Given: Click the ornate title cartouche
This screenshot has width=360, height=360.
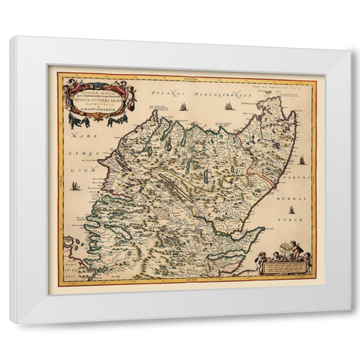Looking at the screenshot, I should pyautogui.click(x=98, y=100).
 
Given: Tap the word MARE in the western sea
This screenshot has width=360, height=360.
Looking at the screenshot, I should pyautogui.click(x=73, y=138).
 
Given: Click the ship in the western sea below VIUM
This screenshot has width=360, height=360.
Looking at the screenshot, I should pyautogui.click(x=76, y=184).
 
